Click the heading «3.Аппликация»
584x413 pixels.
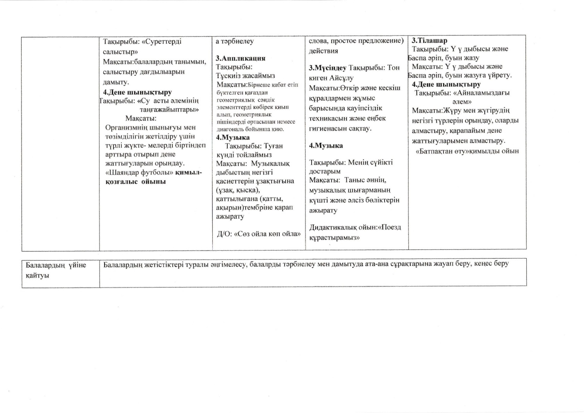[240, 58]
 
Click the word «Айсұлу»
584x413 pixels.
[341, 78]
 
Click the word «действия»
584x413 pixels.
[323, 51]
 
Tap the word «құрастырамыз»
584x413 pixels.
[334, 238]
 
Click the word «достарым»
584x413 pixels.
[325, 171]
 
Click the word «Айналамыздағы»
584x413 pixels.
[485, 93]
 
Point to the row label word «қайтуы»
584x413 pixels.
[37, 275]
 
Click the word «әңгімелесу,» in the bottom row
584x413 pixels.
[230, 264]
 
